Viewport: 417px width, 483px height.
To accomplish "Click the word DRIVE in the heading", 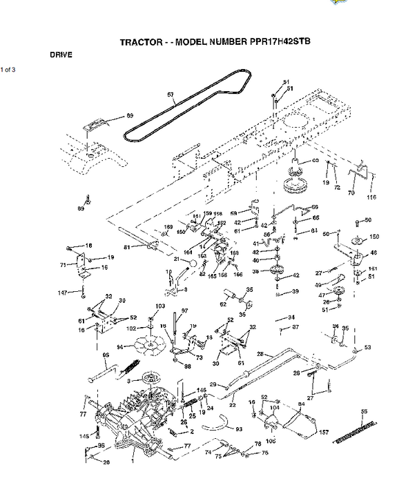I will pos(61,54).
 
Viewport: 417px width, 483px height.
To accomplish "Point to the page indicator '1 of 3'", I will pos(8,69).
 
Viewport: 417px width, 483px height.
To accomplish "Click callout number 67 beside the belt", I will pos(171,94).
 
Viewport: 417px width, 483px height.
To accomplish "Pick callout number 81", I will pos(126,247).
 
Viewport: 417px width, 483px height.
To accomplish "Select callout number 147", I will pos(62,293).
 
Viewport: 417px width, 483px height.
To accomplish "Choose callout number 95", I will pos(106,356).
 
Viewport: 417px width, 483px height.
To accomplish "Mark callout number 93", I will pos(239,429).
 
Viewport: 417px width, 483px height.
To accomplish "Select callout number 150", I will pos(375,237).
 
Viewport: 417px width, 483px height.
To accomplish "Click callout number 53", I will pos(367,347).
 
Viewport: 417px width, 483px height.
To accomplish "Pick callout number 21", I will pos(177,259).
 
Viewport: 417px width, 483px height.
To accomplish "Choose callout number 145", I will pos(84,435).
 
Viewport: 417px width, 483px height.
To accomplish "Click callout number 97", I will pos(184,312).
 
